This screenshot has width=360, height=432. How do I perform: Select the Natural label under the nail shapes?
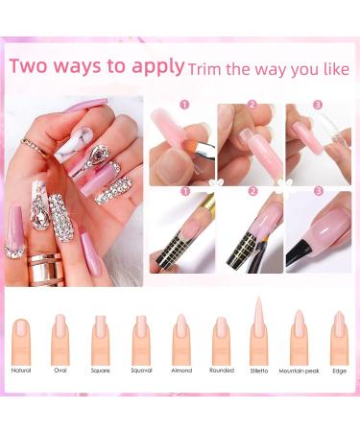click(x=21, y=370)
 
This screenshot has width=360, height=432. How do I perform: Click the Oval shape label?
click(x=60, y=370)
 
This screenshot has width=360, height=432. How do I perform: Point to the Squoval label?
click(x=141, y=370)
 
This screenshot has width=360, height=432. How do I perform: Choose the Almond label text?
click(x=181, y=370)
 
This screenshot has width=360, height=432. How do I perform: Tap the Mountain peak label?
click(x=299, y=370)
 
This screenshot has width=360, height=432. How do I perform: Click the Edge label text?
click(x=339, y=370)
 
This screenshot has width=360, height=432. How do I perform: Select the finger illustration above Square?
click(x=101, y=339)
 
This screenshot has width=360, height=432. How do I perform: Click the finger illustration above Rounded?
click(x=221, y=339)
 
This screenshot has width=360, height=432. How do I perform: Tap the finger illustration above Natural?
click(x=21, y=339)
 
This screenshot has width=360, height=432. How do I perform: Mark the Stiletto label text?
click(x=259, y=370)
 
